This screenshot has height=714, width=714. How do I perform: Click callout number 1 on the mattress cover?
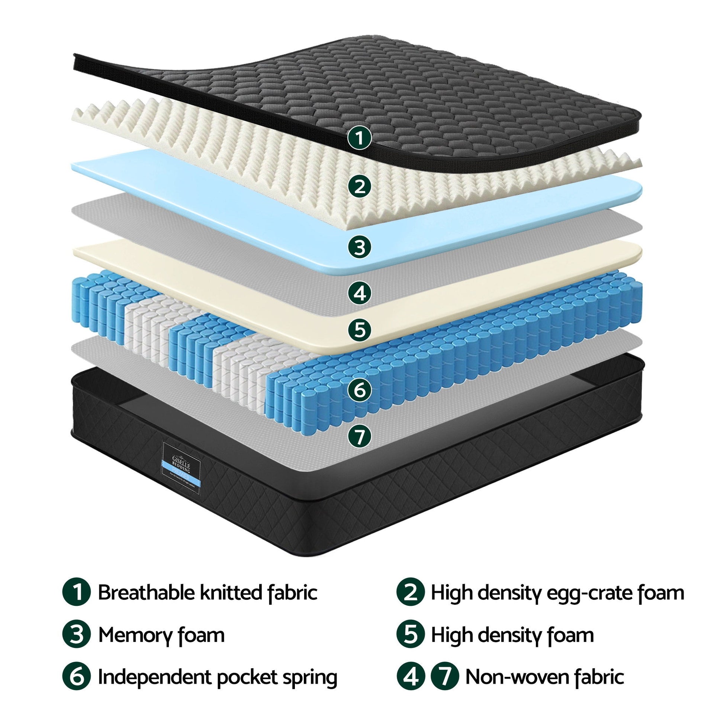(359, 138)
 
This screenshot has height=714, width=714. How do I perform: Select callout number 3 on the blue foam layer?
(360, 247)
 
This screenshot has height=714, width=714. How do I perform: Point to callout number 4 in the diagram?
(360, 293)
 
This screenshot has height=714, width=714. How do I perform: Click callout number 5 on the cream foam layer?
(360, 329)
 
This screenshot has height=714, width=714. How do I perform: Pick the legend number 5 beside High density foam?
(411, 635)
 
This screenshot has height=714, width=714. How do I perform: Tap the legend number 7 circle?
(445, 677)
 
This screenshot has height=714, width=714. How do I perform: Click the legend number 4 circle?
(411, 677)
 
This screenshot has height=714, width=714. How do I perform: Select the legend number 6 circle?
(76, 677)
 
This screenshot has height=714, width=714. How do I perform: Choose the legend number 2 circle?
(411, 593)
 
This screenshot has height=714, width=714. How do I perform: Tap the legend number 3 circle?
(76, 635)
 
